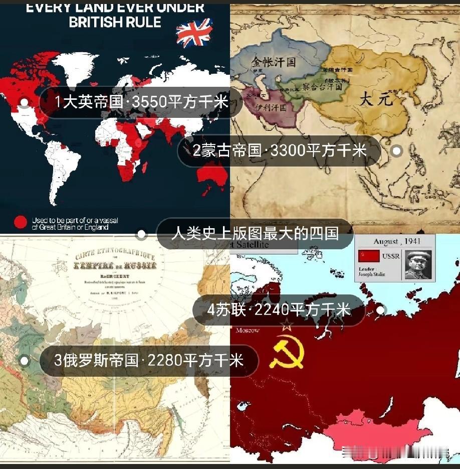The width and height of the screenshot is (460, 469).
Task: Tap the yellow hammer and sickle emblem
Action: point(286,351)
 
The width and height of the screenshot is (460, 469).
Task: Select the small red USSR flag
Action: point(368,256)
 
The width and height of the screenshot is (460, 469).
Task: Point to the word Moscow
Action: point(248,330)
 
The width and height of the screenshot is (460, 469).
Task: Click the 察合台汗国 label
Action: point(325,86)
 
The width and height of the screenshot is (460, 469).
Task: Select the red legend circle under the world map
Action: point(21,222)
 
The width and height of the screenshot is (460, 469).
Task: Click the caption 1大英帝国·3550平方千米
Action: point(141,102)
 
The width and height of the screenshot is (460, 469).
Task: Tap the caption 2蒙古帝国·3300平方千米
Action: point(280,150)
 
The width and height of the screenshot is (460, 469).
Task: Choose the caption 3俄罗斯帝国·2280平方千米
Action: point(148,360)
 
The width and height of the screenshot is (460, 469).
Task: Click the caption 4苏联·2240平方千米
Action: point(279,310)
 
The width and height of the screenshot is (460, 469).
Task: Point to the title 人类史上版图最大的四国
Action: point(255,233)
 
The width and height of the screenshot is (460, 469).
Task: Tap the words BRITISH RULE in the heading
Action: point(115,22)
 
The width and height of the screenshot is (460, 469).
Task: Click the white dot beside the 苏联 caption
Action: point(380,310)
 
